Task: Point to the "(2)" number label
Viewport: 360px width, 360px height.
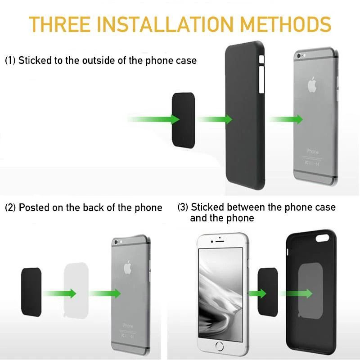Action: (10, 207)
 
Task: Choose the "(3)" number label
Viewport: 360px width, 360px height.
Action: (183, 207)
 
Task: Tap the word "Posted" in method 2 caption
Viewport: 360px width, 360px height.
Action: (33, 207)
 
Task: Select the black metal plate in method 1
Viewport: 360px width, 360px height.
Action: (184, 119)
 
